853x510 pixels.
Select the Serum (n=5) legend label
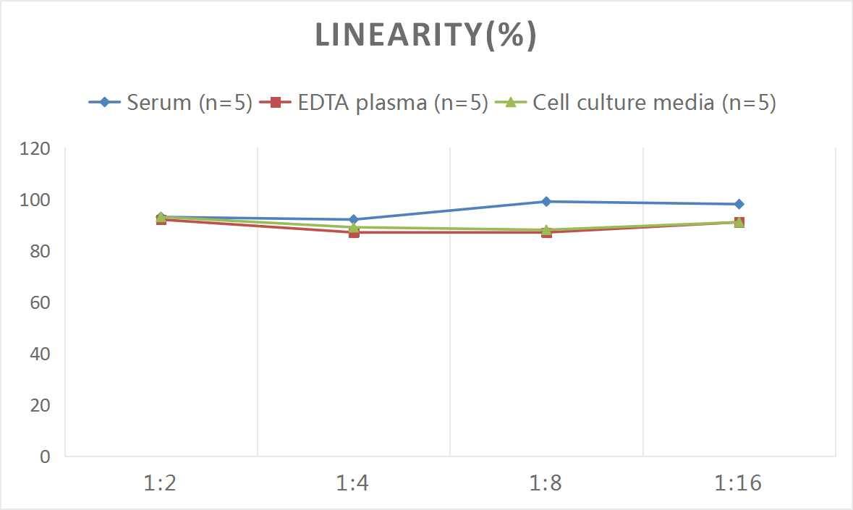pos(190,103)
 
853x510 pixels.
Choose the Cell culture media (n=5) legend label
pos(654,103)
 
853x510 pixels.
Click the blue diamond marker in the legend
pos(105,103)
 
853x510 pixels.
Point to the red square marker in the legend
pos(275,103)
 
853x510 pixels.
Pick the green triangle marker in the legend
pos(511,103)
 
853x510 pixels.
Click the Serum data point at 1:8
pos(546,202)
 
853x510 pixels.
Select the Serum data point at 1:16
pos(739,204)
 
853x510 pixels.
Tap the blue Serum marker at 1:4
pos(354,219)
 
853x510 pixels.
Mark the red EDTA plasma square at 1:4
pos(354,232)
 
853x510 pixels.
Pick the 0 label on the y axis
pos(45,456)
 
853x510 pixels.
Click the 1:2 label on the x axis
pos(161,483)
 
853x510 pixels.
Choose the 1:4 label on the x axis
pos(354,483)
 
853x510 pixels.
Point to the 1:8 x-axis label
pos(546,483)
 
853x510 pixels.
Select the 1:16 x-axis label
pos(739,483)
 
